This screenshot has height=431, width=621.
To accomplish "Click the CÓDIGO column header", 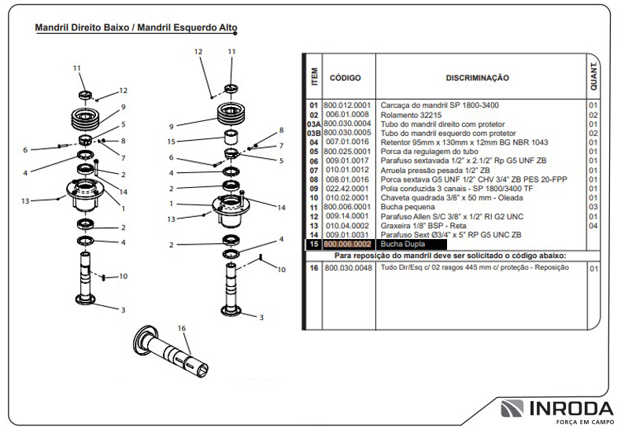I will pyautogui.click(x=345, y=78).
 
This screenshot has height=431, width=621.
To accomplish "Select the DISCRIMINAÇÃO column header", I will pyautogui.click(x=477, y=78).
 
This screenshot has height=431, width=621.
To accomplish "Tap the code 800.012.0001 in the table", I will pyautogui.click(x=347, y=105).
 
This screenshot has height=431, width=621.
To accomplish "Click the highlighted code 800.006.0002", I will pyautogui.click(x=347, y=245).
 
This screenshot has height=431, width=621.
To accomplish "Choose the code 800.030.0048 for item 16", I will pyautogui.click(x=347, y=268).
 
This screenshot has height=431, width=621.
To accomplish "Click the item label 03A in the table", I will pyautogui.click(x=313, y=123).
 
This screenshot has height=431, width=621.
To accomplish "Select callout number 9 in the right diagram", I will pyautogui.click(x=171, y=126).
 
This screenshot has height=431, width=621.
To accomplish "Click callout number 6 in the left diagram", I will pyautogui.click(x=25, y=149).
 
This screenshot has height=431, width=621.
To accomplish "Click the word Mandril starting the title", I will pyautogui.click(x=51, y=28).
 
